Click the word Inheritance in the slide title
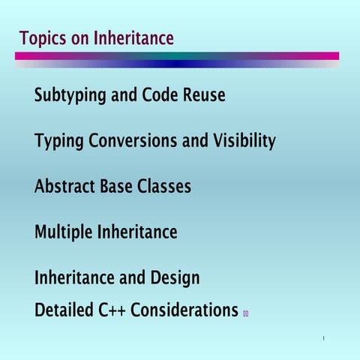[x=133, y=37]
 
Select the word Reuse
[x=204, y=96]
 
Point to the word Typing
[x=58, y=142]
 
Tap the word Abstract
[x=65, y=186]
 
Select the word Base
[x=116, y=186]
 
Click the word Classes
[x=164, y=186]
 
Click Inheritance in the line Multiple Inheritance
[x=137, y=232]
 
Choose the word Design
[x=175, y=278]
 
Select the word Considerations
[x=184, y=309]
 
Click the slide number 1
[x=323, y=338]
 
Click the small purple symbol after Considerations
[x=245, y=313]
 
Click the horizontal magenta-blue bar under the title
[x=177, y=56]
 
